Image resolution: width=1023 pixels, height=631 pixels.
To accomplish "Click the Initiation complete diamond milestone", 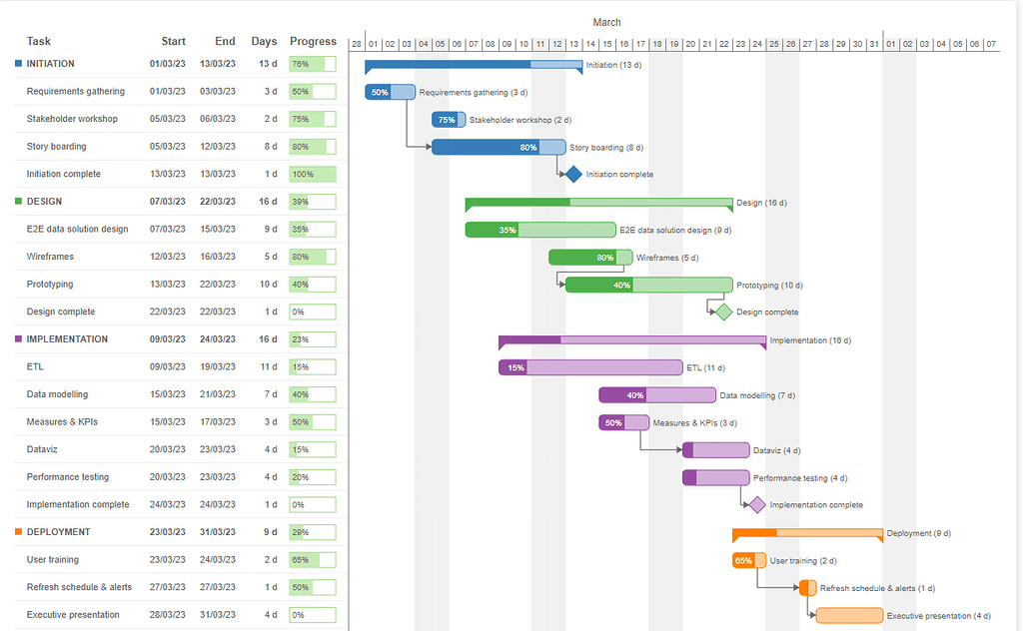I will (573, 174).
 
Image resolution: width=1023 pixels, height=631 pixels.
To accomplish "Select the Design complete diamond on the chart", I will (723, 312).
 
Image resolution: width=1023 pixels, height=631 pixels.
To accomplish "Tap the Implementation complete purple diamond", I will (757, 504).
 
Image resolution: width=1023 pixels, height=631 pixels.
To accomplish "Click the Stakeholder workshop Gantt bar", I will (449, 120).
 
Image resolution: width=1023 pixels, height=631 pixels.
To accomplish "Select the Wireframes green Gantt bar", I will (590, 258).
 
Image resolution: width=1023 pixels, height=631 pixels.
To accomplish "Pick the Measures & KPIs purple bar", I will (623, 422).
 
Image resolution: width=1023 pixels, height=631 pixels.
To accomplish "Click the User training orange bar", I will (749, 560).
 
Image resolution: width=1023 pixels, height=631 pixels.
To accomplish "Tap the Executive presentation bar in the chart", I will (849, 615).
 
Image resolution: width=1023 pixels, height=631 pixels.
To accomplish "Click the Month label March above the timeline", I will (606, 22).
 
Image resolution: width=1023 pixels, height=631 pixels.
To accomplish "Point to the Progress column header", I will (313, 41).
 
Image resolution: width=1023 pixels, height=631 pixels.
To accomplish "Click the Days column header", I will (264, 41).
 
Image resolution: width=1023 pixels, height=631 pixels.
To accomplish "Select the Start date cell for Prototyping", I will (167, 285).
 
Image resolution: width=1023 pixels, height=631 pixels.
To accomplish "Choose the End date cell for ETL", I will (218, 367).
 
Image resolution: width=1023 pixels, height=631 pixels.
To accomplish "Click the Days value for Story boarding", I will (270, 147).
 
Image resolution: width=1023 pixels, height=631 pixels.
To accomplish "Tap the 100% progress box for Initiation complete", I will (313, 174).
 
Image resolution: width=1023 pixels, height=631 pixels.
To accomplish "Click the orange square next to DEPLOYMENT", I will (19, 532).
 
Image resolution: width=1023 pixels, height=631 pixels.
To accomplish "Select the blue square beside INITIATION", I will (19, 64).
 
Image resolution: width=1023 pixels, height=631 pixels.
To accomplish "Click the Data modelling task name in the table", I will (57, 394).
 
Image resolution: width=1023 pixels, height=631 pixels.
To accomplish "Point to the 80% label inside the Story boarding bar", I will (527, 148).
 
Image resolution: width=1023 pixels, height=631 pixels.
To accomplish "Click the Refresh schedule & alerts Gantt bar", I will (807, 588).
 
